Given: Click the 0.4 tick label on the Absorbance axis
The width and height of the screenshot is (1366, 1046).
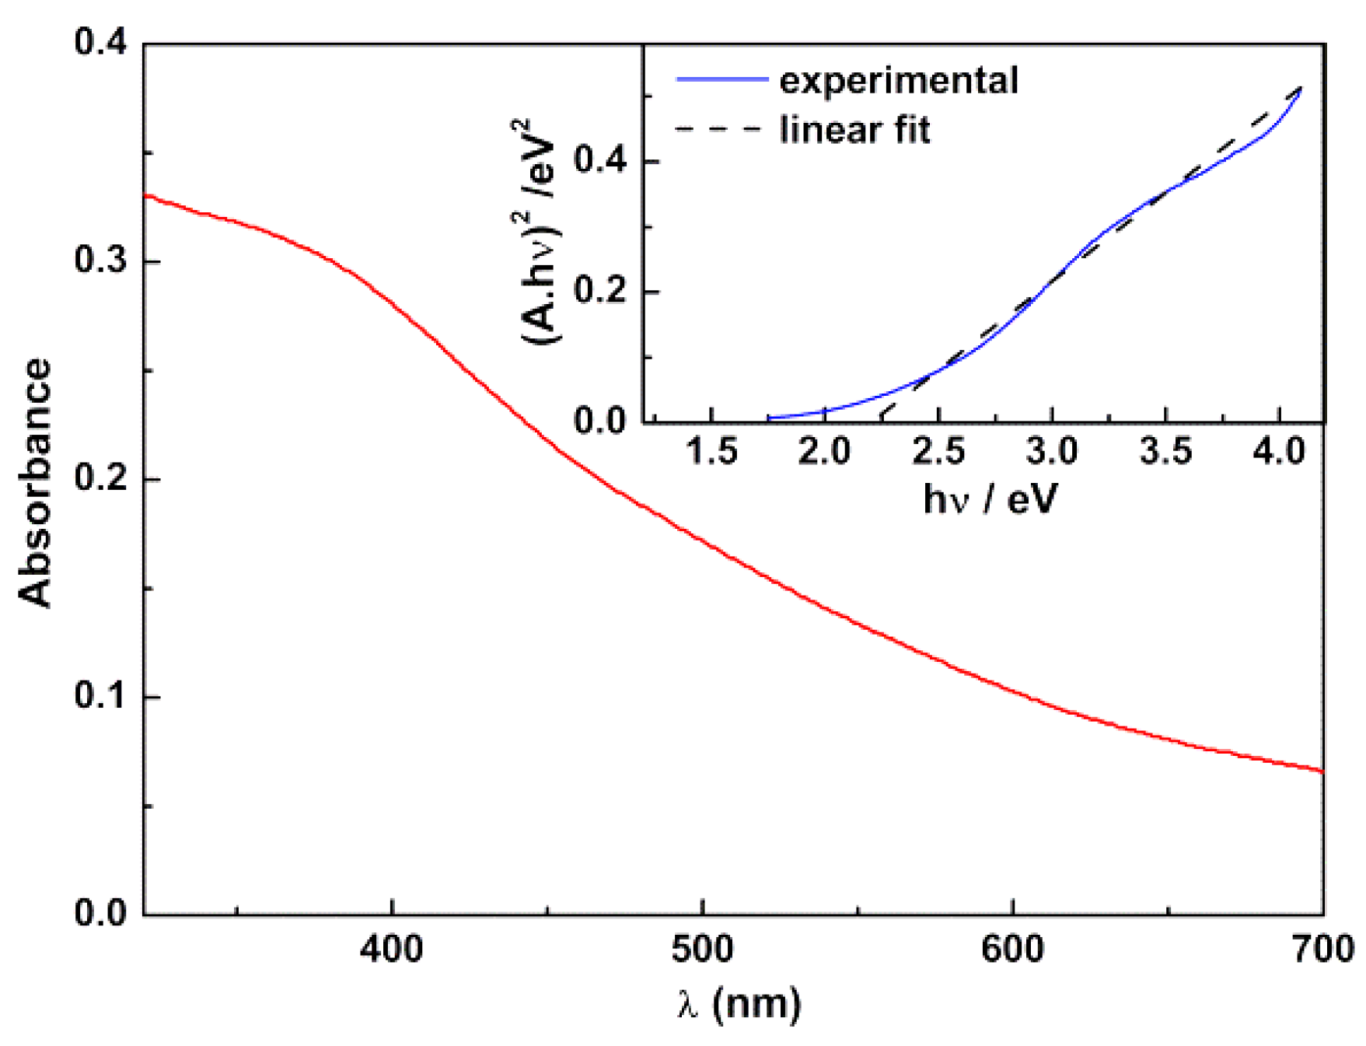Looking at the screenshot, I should [100, 42].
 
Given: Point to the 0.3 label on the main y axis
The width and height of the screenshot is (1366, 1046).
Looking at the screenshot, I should [100, 261].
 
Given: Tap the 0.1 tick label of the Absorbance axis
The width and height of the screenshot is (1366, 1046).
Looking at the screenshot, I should [100, 695].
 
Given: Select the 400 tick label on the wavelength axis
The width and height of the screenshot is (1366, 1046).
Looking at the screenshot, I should [392, 950].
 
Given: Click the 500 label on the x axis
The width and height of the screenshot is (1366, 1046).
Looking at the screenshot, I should [702, 950].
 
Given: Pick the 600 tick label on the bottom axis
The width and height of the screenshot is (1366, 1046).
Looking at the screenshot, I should [1012, 950].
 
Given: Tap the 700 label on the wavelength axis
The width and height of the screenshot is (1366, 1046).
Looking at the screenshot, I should [1322, 950].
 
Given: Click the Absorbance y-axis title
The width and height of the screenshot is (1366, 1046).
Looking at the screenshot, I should [35, 482].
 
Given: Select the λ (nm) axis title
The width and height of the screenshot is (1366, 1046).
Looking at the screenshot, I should [739, 1004].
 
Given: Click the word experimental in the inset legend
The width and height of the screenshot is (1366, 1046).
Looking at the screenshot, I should [899, 81].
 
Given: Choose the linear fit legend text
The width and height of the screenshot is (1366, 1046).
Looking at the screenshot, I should [854, 130].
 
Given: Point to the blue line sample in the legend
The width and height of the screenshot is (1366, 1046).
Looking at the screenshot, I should [721, 79].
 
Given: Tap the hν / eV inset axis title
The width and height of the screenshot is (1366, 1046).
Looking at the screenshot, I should [990, 499].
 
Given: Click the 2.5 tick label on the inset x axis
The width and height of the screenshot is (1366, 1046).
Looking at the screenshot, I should [938, 452].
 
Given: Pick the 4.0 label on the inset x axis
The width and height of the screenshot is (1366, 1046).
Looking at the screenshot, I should [1279, 452].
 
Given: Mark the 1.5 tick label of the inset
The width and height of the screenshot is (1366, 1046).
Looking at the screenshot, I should [711, 452].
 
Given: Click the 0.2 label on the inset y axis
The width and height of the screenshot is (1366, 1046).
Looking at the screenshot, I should [599, 292].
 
